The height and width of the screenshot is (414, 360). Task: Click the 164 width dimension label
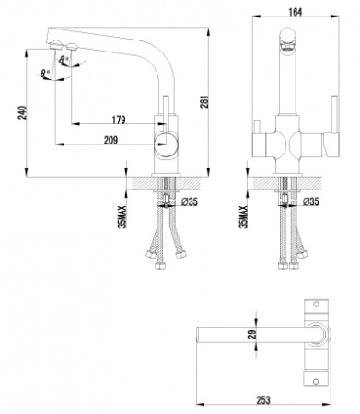(296, 12)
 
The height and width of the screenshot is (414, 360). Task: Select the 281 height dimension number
(205, 101)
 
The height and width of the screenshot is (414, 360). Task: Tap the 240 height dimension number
(23, 112)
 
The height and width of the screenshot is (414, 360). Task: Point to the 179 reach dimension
(119, 120)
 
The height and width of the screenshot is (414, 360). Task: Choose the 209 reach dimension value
(110, 140)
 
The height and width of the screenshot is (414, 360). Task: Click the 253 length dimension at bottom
(263, 400)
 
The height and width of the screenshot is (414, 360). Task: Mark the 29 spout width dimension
(252, 334)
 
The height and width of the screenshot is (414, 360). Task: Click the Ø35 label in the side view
(190, 201)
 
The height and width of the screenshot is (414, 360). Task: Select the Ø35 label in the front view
(310, 201)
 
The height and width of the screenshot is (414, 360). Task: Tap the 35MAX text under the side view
(122, 217)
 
